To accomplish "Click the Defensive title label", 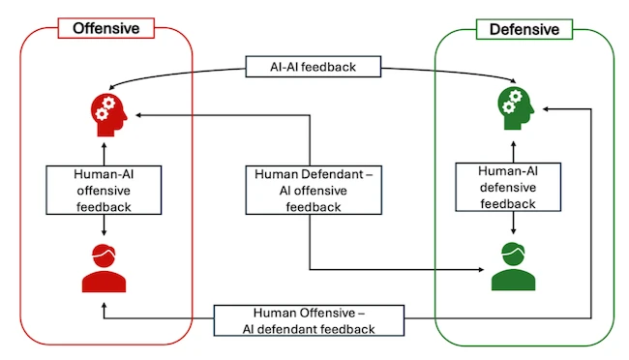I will point(524,29).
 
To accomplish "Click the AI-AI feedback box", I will point(314,68).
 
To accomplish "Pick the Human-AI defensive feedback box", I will point(510,185).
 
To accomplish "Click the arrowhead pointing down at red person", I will point(105,231).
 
